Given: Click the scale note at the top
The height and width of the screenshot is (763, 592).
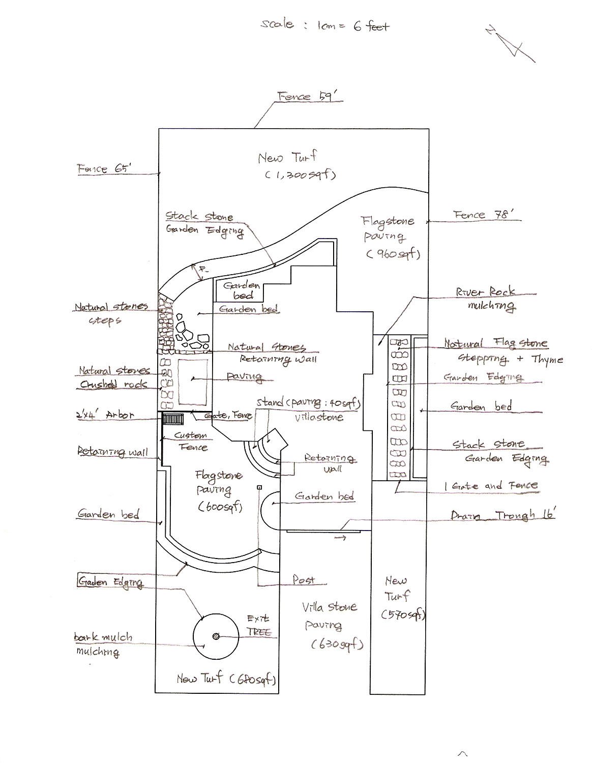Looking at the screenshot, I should click(325, 25).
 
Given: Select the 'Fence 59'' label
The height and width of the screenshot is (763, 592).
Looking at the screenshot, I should click(308, 97).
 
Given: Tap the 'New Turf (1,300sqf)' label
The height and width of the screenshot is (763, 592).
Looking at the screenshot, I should click(297, 166).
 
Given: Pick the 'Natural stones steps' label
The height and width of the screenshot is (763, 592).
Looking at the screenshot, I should click(110, 313).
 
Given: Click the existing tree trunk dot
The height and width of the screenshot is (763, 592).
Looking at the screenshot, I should click(216, 636).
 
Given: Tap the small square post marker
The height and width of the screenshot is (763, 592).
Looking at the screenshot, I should click(259, 487).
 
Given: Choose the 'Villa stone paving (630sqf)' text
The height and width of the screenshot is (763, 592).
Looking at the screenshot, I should click(331, 625).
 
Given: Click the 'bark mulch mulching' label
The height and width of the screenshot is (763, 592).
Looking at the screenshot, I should click(102, 644).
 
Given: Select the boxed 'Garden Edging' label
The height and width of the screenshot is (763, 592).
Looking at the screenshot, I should click(110, 581).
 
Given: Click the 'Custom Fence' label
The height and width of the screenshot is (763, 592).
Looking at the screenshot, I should click(191, 441).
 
